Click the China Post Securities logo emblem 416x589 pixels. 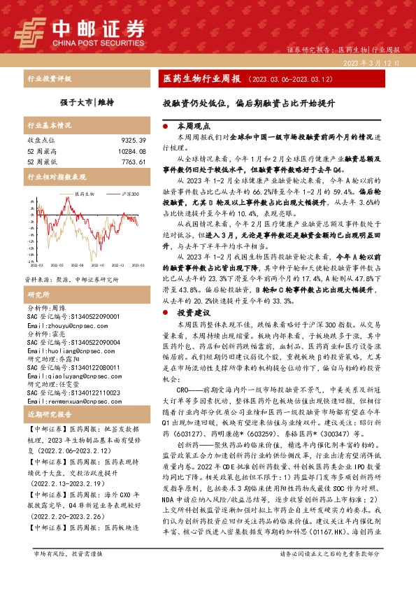(29, 31)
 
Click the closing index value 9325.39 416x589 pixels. (133, 141)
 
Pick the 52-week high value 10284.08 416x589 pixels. (131, 151)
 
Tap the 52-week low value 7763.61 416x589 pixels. (133, 162)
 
